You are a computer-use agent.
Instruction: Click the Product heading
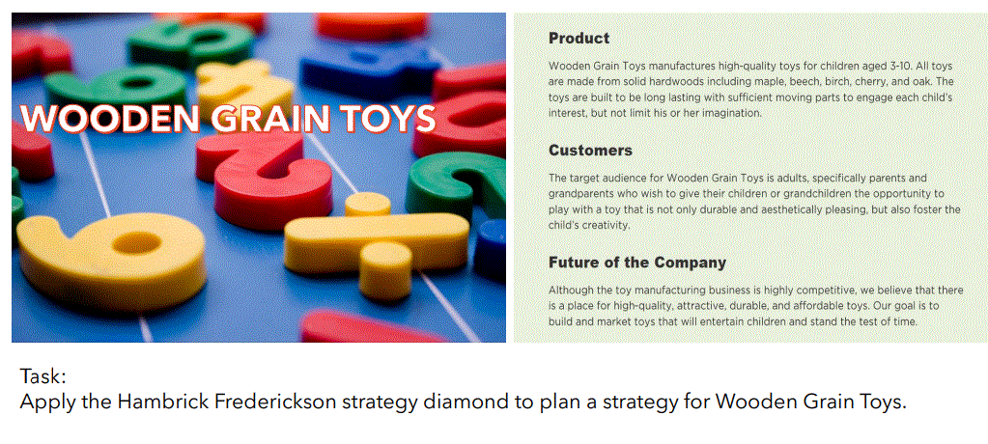click(x=579, y=39)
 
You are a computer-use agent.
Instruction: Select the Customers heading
click(x=590, y=151)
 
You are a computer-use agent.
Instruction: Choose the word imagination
click(x=729, y=113)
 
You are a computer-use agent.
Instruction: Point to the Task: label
click(x=42, y=376)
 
